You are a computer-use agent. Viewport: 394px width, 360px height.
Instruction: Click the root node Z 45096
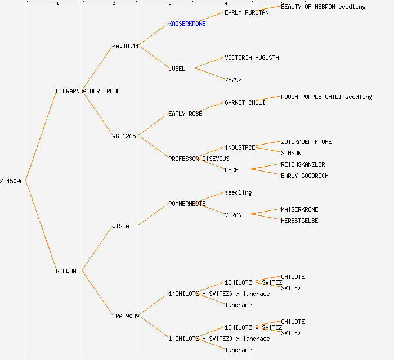tap(12, 181)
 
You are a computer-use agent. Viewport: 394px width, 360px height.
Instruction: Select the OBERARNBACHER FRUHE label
tap(88, 91)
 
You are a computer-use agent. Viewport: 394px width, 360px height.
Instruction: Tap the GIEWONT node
tap(68, 271)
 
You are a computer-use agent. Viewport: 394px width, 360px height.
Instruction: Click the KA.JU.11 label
tap(126, 46)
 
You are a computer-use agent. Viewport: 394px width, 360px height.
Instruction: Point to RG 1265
tap(124, 136)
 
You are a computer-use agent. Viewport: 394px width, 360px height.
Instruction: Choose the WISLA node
tap(120, 226)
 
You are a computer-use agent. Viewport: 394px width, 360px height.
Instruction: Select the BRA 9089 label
tap(126, 316)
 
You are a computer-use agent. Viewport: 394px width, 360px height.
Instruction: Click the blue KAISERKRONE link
tap(187, 24)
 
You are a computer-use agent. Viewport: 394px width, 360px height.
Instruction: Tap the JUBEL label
tap(177, 69)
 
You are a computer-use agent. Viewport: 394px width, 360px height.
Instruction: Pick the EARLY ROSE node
tap(185, 114)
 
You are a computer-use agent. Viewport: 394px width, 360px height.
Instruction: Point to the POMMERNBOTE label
tap(187, 204)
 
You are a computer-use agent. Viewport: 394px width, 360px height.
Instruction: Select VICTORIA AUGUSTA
tap(252, 57)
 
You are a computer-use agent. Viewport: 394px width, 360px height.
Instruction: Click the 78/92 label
tap(233, 80)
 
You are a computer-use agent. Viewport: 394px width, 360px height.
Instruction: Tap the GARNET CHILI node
tap(245, 102)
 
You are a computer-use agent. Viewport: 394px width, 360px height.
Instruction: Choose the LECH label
tap(231, 170)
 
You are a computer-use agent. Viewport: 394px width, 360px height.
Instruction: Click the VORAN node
tap(233, 215)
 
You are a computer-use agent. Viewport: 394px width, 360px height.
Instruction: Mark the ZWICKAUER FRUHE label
tap(306, 142)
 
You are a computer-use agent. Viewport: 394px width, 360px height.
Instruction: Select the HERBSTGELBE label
tap(299, 220)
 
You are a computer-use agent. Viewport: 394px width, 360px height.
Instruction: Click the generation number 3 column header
tap(169, 4)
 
